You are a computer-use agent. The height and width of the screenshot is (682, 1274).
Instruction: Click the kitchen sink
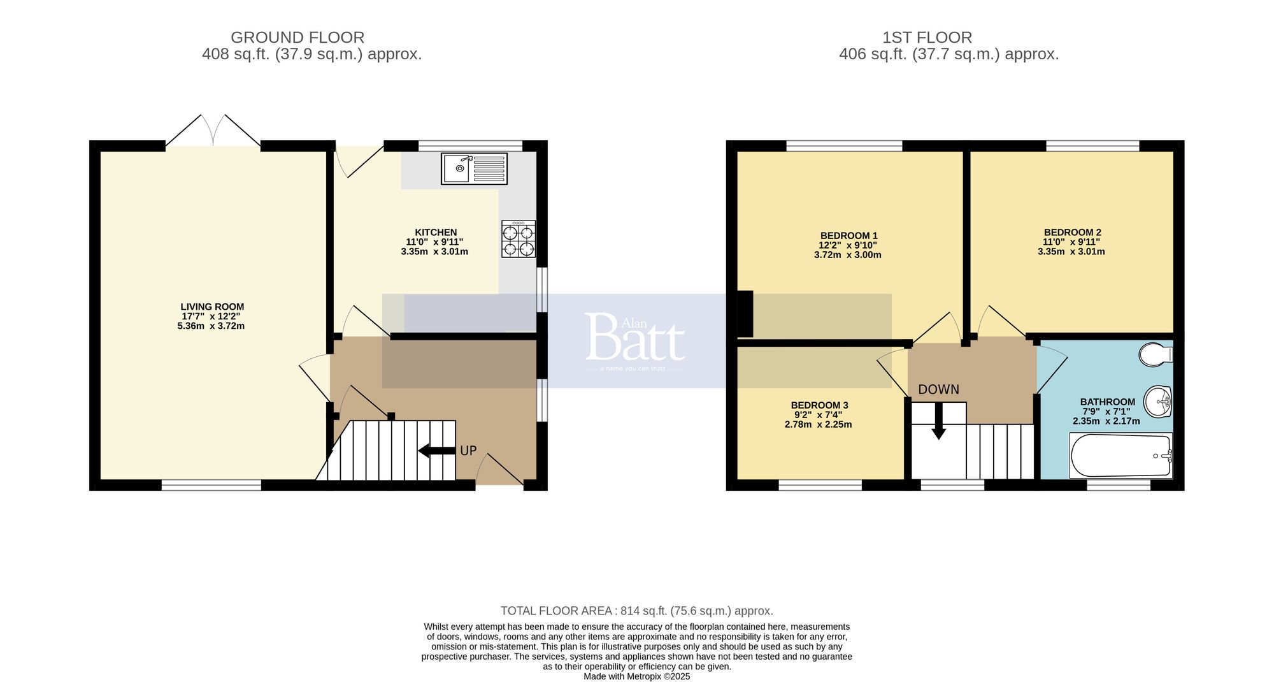point(474,169)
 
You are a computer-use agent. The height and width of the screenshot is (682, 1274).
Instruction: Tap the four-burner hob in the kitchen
point(518,239)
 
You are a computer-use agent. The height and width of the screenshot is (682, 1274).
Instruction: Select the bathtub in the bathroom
point(1120,456)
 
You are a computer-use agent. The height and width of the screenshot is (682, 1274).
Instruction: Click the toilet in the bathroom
point(1155,355)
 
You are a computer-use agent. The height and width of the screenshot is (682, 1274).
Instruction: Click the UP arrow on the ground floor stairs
point(436,451)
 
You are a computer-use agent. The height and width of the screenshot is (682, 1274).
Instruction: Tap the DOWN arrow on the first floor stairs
point(938,423)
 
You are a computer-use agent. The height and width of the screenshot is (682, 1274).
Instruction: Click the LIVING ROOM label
point(212,307)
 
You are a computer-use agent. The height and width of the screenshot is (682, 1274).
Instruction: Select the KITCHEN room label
point(436,232)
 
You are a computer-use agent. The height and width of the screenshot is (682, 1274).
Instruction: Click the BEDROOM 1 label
point(848,235)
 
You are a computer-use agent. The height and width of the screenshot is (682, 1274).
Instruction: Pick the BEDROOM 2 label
point(1072,232)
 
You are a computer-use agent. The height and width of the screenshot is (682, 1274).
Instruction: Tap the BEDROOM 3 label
point(819,405)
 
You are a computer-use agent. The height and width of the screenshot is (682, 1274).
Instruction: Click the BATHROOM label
point(1107,402)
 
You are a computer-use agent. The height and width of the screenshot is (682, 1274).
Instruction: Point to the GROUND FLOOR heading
point(297,38)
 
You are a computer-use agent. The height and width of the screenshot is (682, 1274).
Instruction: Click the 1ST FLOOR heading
point(927,38)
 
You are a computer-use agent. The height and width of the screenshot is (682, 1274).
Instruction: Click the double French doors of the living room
point(213,133)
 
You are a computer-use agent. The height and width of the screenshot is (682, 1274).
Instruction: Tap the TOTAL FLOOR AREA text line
point(636,611)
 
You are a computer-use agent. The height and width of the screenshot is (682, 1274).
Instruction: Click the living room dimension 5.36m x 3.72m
point(211,326)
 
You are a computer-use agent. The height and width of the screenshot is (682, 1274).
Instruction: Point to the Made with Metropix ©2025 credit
point(636,676)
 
